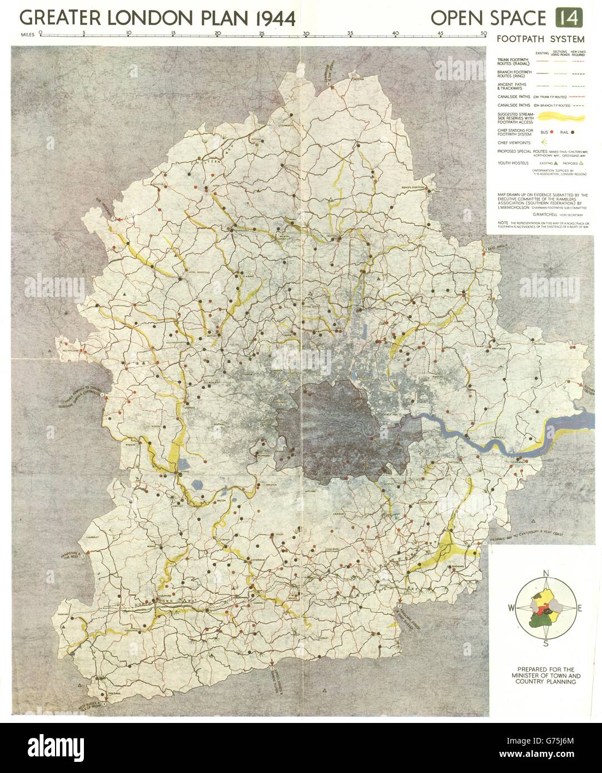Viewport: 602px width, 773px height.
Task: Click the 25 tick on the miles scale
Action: point(262,35)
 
